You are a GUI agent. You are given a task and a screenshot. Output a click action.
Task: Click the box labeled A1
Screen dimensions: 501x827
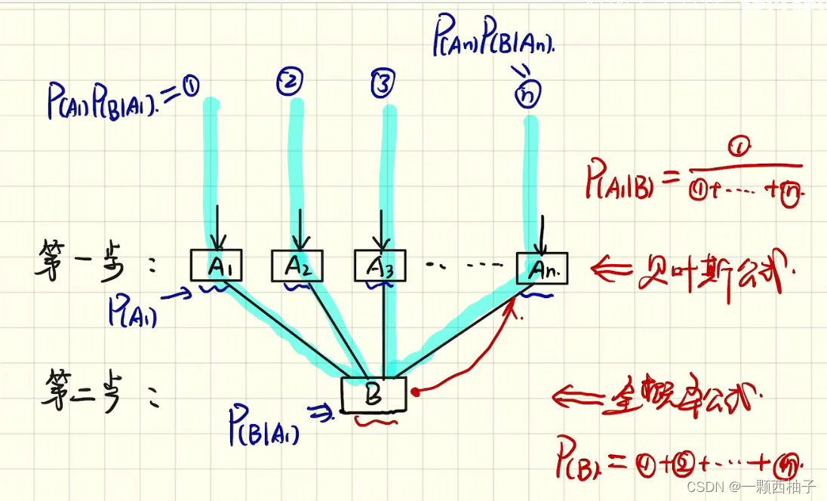(x=215, y=266)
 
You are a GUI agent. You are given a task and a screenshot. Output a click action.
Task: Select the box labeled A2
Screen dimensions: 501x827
(x=297, y=266)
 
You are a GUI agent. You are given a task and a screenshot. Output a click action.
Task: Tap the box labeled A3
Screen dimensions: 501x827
(x=380, y=266)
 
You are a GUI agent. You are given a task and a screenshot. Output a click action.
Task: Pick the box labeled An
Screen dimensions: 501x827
(x=542, y=268)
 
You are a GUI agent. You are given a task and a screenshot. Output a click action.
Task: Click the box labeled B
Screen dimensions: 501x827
(x=374, y=395)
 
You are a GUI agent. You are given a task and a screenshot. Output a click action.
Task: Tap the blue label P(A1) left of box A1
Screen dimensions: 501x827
(x=133, y=310)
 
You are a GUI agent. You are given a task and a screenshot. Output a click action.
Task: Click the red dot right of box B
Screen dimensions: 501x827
(x=415, y=392)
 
